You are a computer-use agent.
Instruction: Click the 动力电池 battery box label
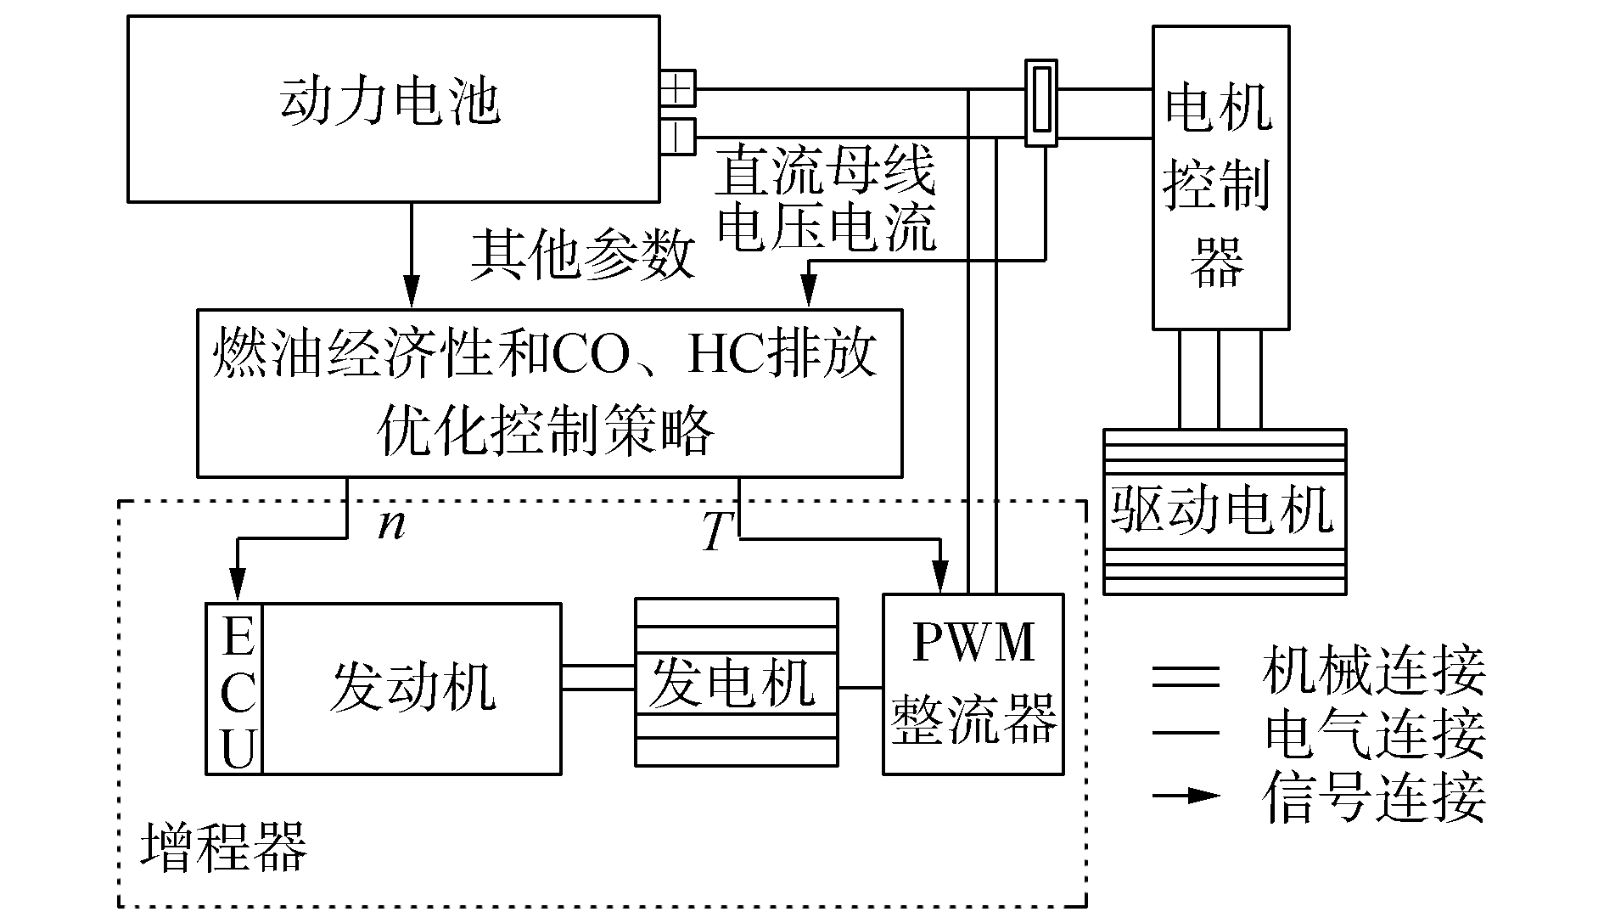tap(390, 103)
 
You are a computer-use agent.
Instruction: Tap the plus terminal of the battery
tap(678, 88)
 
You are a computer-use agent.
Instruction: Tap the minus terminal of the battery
tap(678, 136)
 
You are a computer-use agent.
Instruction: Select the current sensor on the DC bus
tap(1040, 103)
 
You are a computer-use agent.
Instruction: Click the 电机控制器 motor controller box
tap(1220, 177)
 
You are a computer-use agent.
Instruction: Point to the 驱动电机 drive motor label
tap(1223, 509)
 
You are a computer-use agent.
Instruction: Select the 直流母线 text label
tap(825, 172)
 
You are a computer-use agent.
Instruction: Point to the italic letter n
tap(391, 525)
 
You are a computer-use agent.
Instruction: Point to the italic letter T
tap(718, 533)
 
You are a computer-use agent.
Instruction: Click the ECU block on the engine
tap(235, 689)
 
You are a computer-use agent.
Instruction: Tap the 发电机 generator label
tap(732, 683)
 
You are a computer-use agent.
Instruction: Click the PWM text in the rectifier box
tap(973, 643)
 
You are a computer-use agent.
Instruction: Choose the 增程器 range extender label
tap(223, 847)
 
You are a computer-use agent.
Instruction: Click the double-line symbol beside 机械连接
tap(1186, 677)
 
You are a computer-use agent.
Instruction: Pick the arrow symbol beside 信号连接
tap(1187, 796)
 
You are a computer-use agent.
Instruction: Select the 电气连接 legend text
tap(1374, 734)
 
